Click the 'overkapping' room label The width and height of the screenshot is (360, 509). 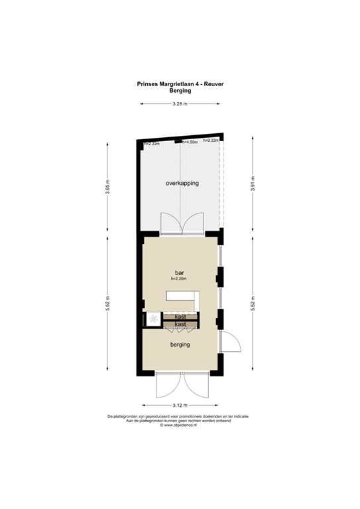point(182,183)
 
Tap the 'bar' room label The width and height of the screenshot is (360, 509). point(179,272)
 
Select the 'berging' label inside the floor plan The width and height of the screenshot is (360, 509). point(180,345)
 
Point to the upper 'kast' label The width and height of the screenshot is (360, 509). point(180,317)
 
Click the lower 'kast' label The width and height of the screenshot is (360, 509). point(180,324)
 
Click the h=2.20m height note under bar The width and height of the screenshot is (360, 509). point(179,279)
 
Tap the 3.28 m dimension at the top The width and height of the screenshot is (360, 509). point(179,105)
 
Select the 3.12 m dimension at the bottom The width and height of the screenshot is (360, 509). point(180,405)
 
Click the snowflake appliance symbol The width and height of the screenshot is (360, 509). point(154,319)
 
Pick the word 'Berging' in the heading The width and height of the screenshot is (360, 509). point(180,91)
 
